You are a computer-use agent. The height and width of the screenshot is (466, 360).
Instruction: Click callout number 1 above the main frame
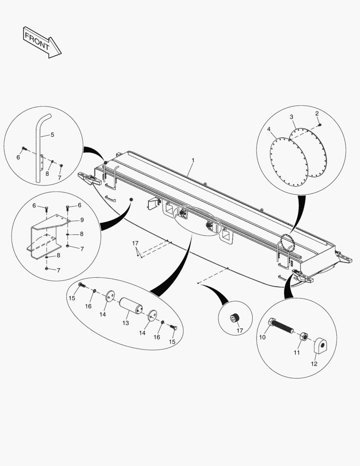[x=193, y=160]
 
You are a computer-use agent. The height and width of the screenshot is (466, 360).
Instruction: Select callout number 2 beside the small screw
[x=291, y=117]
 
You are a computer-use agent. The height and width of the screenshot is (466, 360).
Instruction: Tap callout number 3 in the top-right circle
[x=269, y=129]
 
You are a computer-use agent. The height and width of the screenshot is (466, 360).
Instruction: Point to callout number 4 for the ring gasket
[x=52, y=135]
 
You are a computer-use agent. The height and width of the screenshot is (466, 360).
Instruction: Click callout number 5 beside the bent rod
[x=81, y=220]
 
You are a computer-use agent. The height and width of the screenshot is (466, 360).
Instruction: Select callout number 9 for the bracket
[x=262, y=337]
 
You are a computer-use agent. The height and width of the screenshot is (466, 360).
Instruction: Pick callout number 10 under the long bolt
[x=296, y=353]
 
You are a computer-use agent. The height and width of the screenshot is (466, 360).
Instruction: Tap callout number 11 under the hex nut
[x=314, y=364]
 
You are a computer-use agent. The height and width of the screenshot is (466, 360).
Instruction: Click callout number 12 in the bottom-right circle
[x=125, y=323]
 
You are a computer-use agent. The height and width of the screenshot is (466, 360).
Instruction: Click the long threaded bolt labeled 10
[x=303, y=336]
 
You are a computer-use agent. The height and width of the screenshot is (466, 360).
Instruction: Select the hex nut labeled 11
[x=320, y=345]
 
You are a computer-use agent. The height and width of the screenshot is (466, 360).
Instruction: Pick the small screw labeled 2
[x=135, y=244]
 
